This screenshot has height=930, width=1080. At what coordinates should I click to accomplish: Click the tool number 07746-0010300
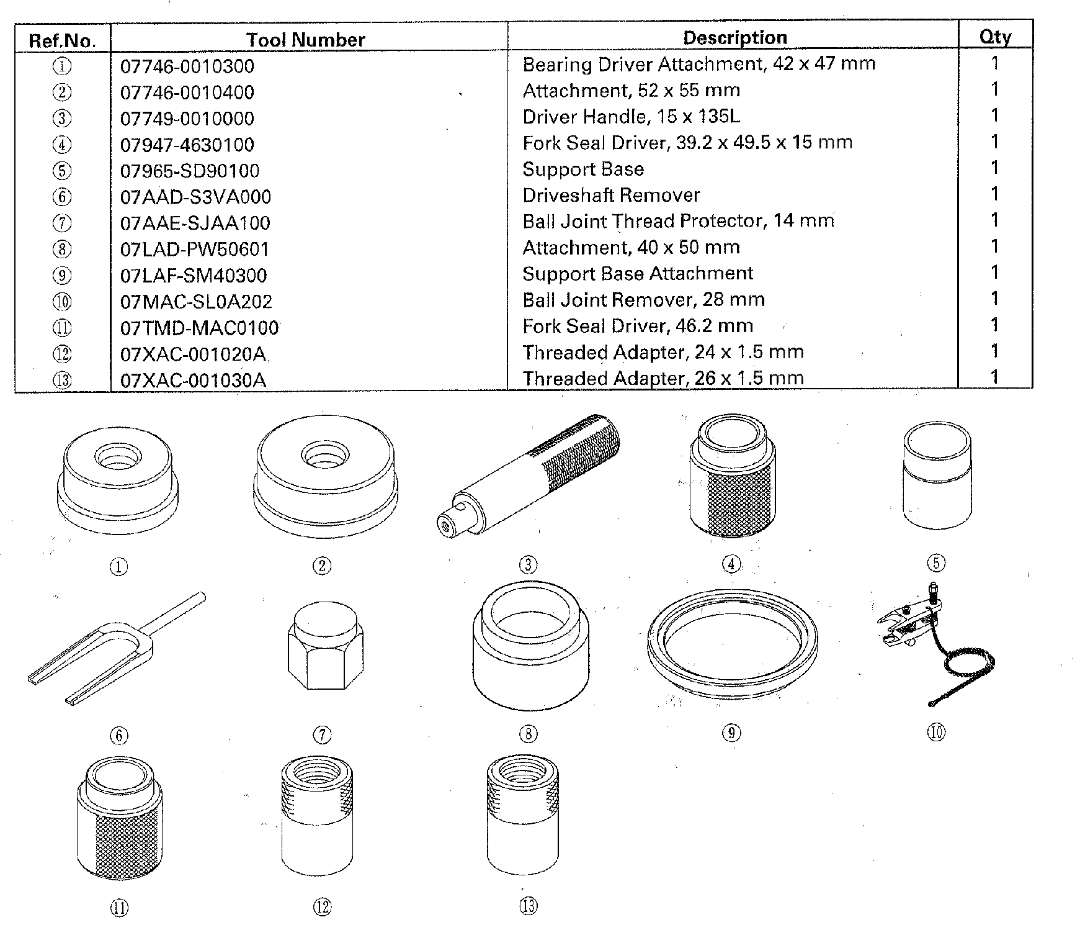point(187,66)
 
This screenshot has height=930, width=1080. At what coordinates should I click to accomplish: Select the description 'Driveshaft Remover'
point(611,196)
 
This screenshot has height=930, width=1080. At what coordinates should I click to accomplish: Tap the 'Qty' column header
point(995,37)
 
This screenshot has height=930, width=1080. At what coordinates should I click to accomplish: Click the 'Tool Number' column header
point(306,40)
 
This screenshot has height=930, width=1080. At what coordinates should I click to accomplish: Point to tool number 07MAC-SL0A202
point(196,302)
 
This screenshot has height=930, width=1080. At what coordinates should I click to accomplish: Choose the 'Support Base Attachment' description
point(638,274)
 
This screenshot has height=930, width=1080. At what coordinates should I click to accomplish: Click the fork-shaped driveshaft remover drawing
point(117,649)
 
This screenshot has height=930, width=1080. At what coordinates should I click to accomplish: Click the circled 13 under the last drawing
point(528,906)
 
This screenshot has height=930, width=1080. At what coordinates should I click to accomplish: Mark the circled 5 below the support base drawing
point(935,563)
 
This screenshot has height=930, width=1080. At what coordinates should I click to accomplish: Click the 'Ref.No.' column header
point(63,41)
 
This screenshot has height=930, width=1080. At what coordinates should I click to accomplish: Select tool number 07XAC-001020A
point(193,354)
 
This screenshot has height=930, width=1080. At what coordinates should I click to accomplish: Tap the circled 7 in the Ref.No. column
point(62,223)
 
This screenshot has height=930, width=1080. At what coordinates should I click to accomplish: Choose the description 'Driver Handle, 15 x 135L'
point(631,117)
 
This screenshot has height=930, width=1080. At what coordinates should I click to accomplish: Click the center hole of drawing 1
point(118,457)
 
